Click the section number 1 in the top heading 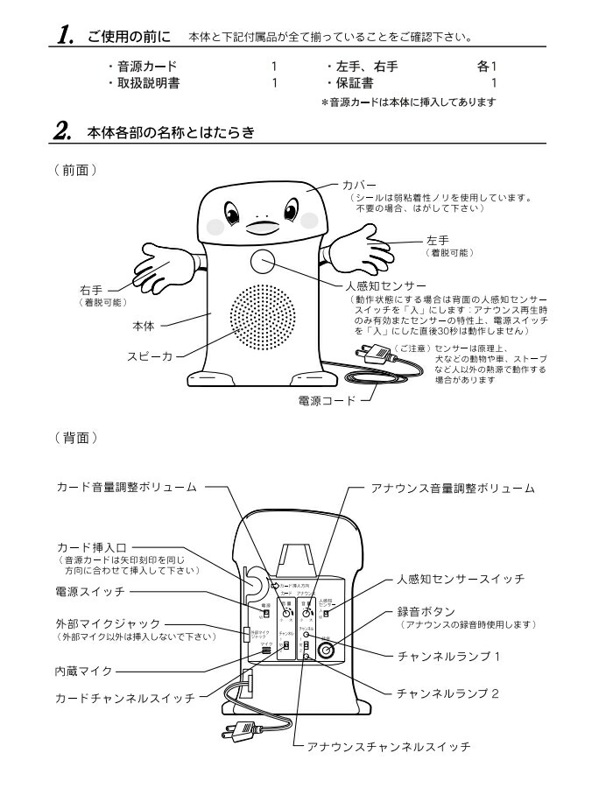[65, 38]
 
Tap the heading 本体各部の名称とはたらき [172, 133]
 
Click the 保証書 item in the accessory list [356, 83]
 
